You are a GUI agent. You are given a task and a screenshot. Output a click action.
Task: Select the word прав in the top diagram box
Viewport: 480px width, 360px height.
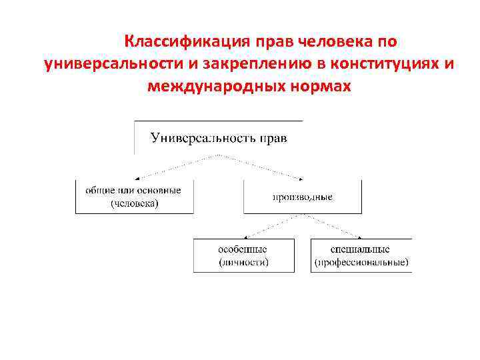point(273,138)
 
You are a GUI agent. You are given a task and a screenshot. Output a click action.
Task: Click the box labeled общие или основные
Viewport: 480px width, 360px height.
point(134,197)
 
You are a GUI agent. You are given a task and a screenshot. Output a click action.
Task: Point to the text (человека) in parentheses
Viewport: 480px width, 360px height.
point(134,203)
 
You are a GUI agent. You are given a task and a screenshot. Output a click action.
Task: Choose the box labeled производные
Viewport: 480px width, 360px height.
point(302,197)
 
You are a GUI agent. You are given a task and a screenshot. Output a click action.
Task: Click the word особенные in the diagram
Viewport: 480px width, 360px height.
point(243,249)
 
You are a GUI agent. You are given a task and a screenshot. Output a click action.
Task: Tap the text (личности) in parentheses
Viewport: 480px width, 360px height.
point(243,262)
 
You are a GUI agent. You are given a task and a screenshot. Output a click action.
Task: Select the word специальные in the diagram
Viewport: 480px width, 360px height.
point(360,249)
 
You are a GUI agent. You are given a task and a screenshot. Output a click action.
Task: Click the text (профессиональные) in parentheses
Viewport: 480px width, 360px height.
point(361,262)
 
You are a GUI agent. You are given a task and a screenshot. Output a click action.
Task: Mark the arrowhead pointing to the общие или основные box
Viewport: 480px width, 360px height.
point(135,178)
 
